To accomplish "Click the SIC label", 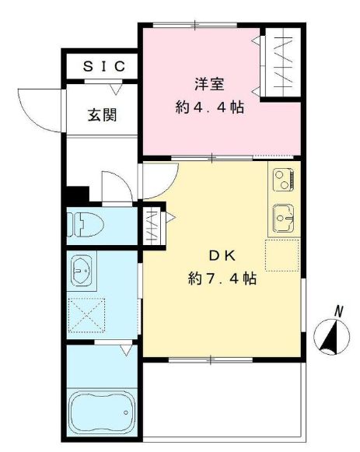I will pyautogui.click(x=102, y=67).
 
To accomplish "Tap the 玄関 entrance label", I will pyautogui.click(x=102, y=116).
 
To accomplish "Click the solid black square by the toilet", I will pyautogui.click(x=75, y=195).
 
